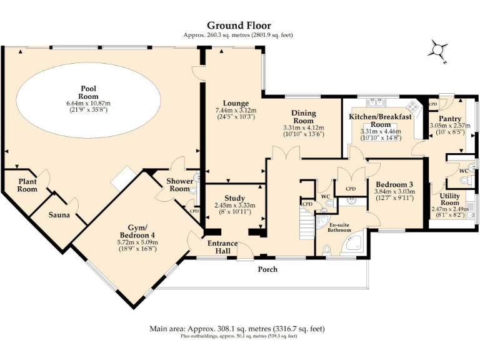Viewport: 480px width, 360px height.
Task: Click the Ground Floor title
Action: point(239,26)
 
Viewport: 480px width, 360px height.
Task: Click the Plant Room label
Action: point(27,185)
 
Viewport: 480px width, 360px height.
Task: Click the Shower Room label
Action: point(180,185)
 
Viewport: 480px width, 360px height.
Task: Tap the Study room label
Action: point(234,198)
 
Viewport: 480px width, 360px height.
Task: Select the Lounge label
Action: point(236,103)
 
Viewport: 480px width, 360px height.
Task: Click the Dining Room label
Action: point(304,117)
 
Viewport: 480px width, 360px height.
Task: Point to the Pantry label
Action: point(449,119)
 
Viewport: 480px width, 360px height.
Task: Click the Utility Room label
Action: point(449,199)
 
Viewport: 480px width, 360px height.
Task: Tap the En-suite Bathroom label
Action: point(340,227)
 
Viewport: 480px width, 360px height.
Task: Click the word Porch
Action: point(268,269)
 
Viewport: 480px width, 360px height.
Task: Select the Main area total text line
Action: point(237,328)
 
